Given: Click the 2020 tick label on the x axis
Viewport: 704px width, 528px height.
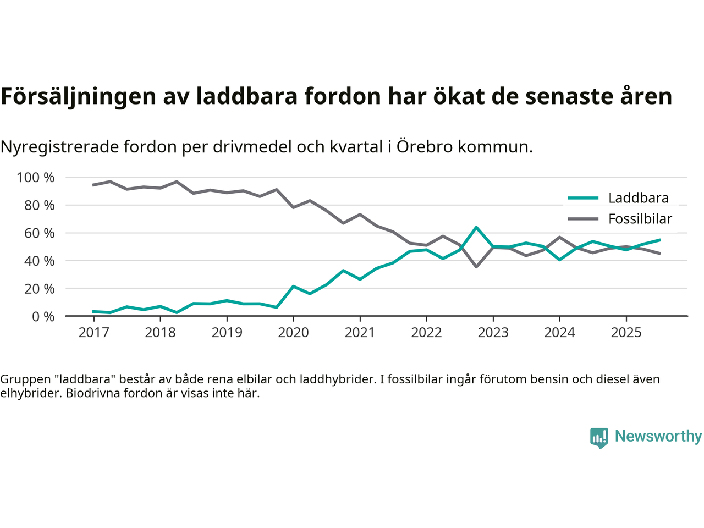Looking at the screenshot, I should point(293,333).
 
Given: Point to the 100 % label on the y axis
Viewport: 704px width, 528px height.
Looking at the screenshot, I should point(36,178).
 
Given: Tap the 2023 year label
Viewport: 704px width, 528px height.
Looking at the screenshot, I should point(493,333).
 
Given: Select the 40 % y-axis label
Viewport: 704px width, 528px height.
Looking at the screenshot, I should point(39,261).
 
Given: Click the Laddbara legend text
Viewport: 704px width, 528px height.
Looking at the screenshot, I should point(638,198).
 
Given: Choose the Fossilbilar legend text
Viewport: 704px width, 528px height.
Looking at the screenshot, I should point(640,219).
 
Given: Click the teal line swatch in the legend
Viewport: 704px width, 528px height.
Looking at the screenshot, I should point(582,198).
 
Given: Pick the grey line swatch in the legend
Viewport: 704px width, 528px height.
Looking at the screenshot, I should point(582,219).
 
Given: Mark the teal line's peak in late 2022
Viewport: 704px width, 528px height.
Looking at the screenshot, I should point(476,227).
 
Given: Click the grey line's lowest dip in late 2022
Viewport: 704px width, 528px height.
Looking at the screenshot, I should point(476,267).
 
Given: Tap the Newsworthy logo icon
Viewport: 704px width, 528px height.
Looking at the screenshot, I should point(599,438).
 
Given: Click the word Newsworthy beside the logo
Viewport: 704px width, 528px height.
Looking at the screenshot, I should point(658,436).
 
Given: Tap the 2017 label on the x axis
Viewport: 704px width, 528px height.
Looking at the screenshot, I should point(94,333).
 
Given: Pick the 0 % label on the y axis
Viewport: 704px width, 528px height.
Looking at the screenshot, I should point(43,316).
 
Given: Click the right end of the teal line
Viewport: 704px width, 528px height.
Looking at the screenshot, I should point(659,240).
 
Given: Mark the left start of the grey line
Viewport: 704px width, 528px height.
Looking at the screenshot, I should point(93,185).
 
